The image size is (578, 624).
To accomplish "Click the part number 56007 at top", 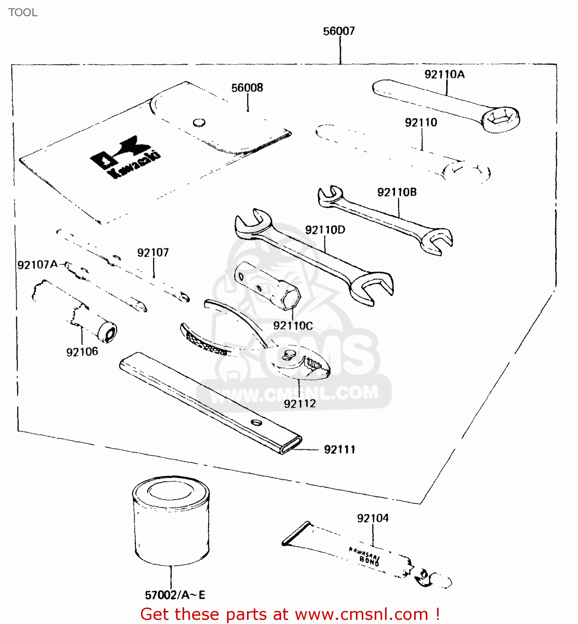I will (x=339, y=31).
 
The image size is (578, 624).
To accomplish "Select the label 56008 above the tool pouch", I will (x=247, y=88).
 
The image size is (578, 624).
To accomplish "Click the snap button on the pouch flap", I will (x=199, y=122).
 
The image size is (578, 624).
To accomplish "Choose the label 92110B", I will (x=397, y=192).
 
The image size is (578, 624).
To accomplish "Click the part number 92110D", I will (x=325, y=230).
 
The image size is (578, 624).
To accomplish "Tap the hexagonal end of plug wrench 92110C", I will (x=290, y=299).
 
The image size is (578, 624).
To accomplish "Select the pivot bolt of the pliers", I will (x=289, y=354).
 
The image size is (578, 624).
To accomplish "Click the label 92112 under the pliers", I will (x=299, y=404).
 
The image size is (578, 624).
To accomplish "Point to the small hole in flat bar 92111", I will (x=256, y=423).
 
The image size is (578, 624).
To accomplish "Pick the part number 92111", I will (x=340, y=450).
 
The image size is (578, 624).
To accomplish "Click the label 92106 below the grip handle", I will (x=82, y=352).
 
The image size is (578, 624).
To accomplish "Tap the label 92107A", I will (x=37, y=265).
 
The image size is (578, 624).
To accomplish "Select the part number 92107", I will (x=153, y=253).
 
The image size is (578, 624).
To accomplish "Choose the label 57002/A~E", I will (x=175, y=595).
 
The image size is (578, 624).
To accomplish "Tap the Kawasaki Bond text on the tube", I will (x=365, y=556).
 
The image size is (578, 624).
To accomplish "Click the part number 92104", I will (x=373, y=518).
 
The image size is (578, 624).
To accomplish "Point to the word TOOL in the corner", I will (x=23, y=12).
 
